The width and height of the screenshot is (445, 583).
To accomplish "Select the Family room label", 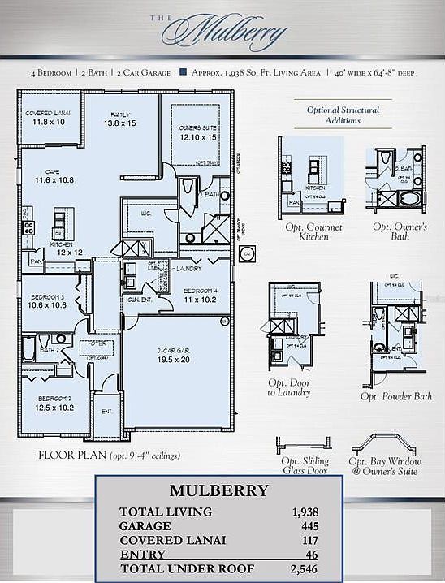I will coord(119,119).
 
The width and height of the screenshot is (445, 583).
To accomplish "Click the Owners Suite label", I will coord(197,133).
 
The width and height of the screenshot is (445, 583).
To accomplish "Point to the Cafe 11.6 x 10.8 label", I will coord(48,175).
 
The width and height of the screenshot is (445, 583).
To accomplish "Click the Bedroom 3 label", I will coord(46,300).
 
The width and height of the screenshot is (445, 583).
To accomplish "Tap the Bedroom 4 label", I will coord(199,295).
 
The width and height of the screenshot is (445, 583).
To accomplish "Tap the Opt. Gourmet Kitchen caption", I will coord(313,232).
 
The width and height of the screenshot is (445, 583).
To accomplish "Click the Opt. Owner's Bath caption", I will coord(400,232).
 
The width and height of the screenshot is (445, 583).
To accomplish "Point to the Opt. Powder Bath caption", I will coord(396,396).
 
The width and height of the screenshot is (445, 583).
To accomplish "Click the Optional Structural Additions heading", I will coord(343,114).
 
